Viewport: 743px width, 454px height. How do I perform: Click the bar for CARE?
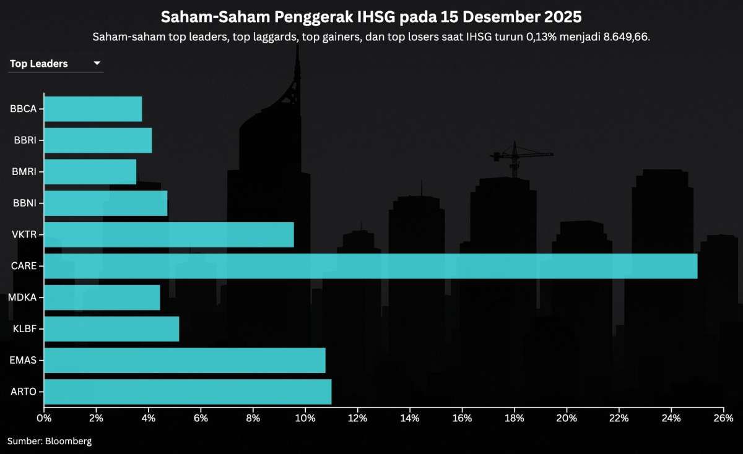[370, 266]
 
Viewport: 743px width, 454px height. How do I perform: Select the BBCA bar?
[93, 109]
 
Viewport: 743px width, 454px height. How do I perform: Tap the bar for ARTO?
[188, 392]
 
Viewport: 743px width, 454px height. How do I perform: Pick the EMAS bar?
[185, 360]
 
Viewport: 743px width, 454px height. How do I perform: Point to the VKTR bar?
[168, 234]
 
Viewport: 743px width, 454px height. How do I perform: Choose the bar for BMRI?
[90, 171]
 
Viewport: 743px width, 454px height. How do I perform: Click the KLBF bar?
[111, 328]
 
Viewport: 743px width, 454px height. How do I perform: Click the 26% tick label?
[723, 418]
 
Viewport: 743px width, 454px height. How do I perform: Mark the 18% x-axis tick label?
[515, 418]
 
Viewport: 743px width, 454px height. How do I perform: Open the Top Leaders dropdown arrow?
[97, 64]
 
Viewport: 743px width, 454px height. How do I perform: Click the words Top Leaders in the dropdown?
[39, 64]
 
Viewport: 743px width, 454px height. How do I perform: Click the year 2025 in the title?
[561, 16]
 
